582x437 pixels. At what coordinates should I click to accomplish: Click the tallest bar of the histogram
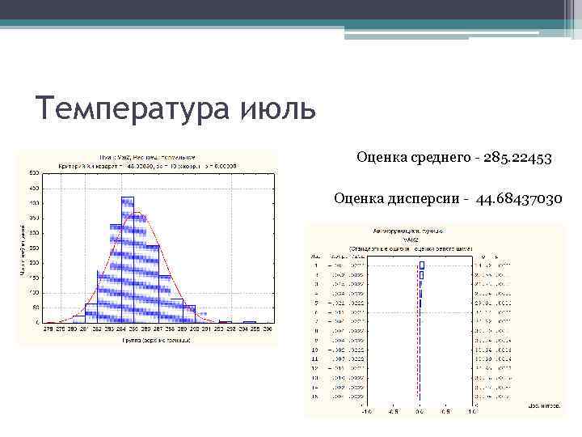(x=128, y=259)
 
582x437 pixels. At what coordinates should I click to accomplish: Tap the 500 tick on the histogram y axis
(x=35, y=172)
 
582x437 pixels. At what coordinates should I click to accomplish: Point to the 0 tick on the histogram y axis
(x=38, y=323)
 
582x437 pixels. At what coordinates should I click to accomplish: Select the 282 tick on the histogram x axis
(x=98, y=329)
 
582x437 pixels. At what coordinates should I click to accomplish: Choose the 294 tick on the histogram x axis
(x=242, y=329)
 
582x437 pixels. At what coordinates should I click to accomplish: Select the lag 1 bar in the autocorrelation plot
(x=421, y=265)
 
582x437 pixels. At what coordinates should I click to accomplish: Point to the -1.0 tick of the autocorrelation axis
(x=365, y=411)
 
